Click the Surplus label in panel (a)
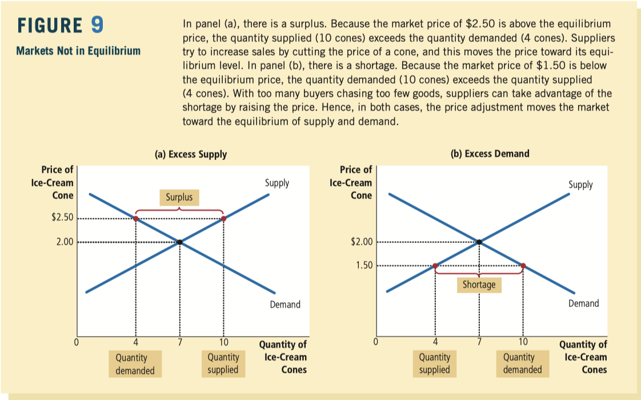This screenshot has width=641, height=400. click(179, 198)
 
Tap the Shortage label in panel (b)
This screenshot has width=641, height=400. click(479, 285)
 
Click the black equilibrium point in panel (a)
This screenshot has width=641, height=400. click(179, 242)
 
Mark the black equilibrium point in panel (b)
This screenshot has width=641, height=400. click(479, 242)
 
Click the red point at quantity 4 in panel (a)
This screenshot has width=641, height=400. click(136, 218)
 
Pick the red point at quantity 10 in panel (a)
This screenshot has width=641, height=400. click(223, 218)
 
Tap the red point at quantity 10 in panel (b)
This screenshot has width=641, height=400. click(523, 266)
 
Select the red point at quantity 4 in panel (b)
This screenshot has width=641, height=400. click(435, 266)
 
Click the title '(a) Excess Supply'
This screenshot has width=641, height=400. click(191, 154)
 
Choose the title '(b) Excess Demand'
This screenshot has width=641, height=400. click(490, 153)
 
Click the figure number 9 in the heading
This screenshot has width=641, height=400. click(97, 26)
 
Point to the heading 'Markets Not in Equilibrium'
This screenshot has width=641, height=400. click(78, 51)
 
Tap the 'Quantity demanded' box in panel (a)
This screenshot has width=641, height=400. click(135, 364)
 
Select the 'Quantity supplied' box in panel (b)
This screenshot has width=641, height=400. click(435, 363)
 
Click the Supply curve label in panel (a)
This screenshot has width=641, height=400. click(277, 183)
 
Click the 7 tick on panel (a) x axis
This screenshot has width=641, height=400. click(179, 343)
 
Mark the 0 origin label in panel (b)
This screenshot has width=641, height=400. click(375, 343)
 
